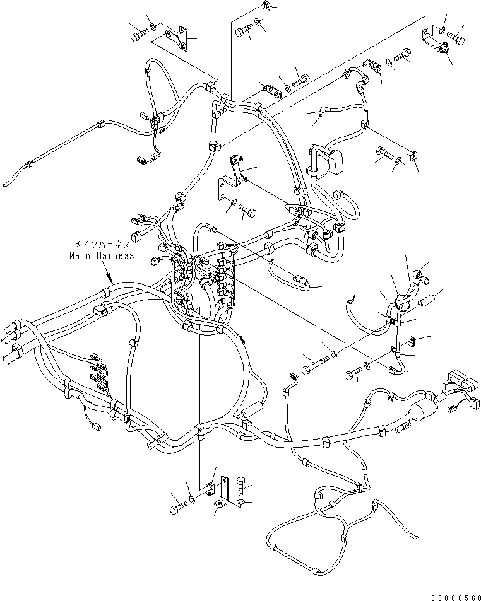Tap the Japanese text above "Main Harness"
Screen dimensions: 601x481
click(102, 244)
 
